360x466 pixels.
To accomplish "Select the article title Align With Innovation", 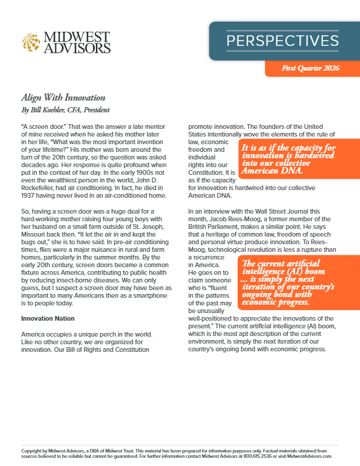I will point(63,98).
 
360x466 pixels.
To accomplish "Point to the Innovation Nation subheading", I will point(48,318).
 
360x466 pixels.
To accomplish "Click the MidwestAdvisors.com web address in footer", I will point(308,456).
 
